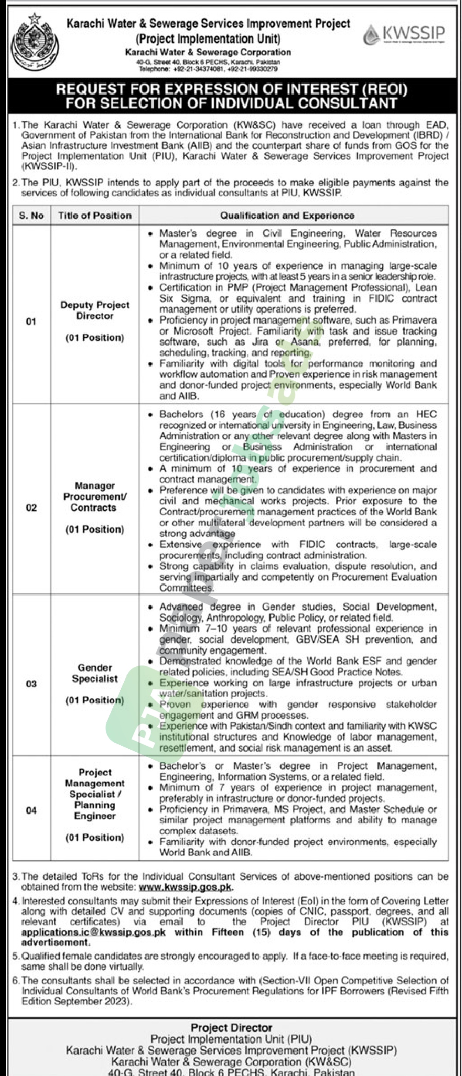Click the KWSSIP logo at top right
404,34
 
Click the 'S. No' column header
31,216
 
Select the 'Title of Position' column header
95,216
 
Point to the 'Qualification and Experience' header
287,216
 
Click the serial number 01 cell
31,322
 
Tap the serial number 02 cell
31,507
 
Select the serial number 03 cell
31,684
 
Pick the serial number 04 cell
31,811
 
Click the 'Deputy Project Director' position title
95,310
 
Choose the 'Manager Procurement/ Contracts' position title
95,497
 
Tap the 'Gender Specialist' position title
95,673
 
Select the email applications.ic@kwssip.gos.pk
94,932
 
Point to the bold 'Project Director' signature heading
231,1028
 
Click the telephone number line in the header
208,69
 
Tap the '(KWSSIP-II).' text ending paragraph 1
48,166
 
